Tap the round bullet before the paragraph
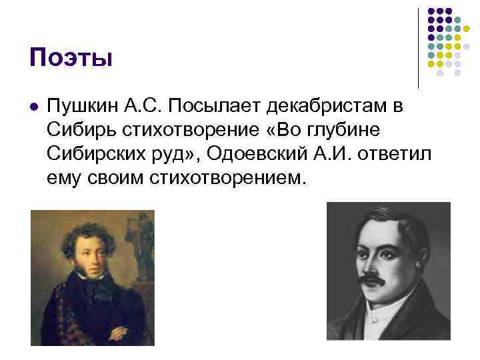pos(34,107)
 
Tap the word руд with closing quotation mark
pos(176,155)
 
